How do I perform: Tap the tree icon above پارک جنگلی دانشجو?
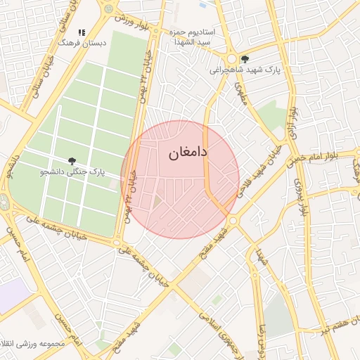(x=72, y=162)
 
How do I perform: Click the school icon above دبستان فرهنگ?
(x=82, y=32)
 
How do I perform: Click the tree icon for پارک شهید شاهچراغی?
(x=244, y=60)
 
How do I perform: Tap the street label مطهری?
(x=241, y=91)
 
